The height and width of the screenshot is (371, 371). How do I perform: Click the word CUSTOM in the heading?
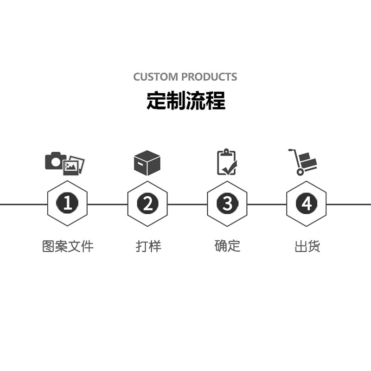[x=155, y=77]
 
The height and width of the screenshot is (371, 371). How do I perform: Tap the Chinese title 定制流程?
[x=185, y=101]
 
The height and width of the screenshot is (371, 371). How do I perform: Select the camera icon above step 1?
[x=55, y=160]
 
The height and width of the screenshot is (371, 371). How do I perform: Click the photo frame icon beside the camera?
[x=74, y=165]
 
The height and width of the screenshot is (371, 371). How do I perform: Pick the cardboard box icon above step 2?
[x=147, y=163]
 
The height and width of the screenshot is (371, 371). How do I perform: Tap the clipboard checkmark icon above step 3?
[x=227, y=162]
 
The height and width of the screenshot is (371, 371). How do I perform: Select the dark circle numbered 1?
[x=68, y=204]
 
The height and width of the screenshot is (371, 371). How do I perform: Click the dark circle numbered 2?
[x=147, y=204]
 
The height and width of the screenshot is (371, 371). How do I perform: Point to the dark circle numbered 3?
[x=227, y=204]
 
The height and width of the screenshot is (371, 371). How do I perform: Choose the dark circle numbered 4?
[x=307, y=204]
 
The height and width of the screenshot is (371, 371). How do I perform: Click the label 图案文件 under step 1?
[x=68, y=246]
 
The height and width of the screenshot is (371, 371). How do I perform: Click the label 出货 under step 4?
[x=307, y=246]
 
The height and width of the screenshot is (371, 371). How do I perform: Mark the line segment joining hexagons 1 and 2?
[x=108, y=204]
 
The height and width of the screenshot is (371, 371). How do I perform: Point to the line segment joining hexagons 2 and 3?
[x=187, y=204]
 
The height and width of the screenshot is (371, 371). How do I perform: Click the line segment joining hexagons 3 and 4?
[x=267, y=204]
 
